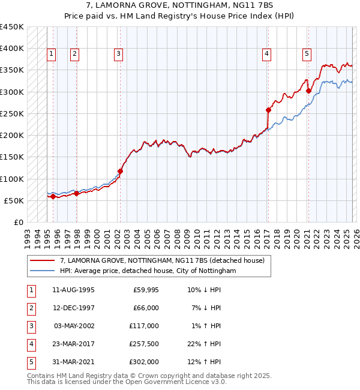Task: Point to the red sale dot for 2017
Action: click(x=268, y=110)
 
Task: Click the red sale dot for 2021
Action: click(x=308, y=91)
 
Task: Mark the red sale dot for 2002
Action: click(x=120, y=171)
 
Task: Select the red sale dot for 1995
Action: click(x=53, y=196)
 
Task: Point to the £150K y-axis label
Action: click(x=12, y=157)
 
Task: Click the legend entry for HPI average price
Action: click(x=148, y=271)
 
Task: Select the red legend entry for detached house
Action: click(x=166, y=260)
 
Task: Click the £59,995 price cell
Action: click(x=145, y=290)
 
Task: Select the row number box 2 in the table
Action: click(x=31, y=308)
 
